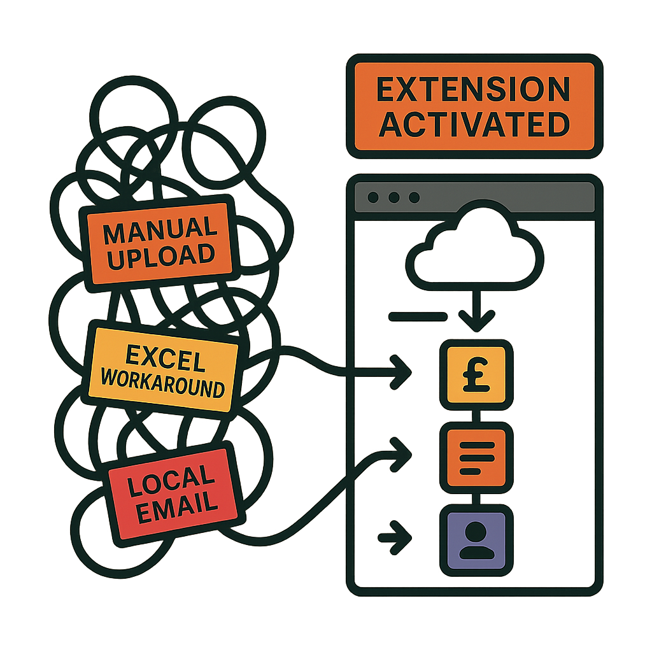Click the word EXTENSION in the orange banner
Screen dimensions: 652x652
473,90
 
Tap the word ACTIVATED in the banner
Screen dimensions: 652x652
473,124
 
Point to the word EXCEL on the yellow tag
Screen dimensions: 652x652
166,359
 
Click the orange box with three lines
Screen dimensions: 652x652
476,457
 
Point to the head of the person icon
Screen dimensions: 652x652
476,531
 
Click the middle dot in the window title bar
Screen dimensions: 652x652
394,197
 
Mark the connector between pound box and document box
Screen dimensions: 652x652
476,416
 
